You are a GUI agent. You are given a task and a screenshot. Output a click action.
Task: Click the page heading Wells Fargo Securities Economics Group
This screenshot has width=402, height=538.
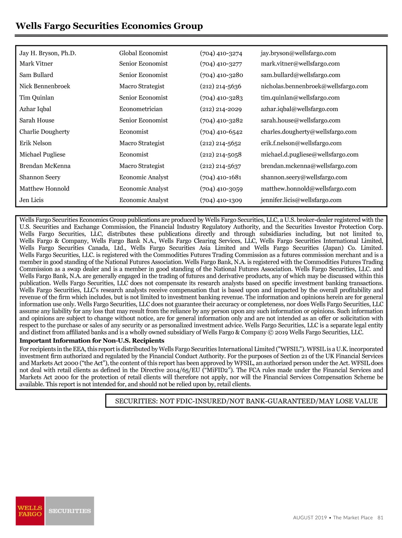click(x=109, y=26)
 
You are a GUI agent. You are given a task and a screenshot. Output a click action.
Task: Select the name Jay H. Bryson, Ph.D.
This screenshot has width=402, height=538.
click(x=48, y=53)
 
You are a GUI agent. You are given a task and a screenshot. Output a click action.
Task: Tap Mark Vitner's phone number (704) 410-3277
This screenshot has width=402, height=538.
click(x=221, y=64)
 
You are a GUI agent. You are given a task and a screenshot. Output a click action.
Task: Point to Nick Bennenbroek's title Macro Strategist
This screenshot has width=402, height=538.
click(x=142, y=86)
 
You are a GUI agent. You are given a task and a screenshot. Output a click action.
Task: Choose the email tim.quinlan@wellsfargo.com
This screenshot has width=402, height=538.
click(x=300, y=98)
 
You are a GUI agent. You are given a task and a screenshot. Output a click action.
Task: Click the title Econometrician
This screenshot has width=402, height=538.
click(x=141, y=109)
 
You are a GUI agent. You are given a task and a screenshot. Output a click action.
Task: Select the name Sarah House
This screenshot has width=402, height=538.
click(x=37, y=121)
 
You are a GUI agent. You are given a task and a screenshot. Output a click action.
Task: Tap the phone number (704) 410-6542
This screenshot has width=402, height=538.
click(x=221, y=132)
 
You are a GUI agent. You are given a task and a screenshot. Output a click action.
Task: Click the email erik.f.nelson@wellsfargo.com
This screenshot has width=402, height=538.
click(x=301, y=143)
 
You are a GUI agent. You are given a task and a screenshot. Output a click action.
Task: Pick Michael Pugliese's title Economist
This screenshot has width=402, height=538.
click(x=134, y=155)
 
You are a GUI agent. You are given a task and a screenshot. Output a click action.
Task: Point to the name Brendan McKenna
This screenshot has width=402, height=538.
click(x=45, y=166)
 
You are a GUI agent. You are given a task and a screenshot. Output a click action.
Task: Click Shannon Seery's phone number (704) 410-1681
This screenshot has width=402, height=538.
click(x=220, y=178)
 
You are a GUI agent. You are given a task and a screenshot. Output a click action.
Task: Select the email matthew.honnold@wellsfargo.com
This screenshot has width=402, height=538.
click(x=309, y=189)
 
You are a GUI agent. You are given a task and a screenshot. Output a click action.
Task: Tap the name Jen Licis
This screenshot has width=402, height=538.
click(x=31, y=200)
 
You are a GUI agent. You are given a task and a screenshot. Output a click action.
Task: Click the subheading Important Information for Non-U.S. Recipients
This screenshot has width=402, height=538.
click(x=92, y=341)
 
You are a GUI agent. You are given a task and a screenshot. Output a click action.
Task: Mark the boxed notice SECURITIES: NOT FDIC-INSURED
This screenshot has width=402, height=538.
click(x=246, y=401)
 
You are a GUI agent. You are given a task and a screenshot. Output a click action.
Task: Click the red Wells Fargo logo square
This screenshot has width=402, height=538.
click(x=30, y=511)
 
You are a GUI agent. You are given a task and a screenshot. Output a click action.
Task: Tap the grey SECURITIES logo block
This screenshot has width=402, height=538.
click(x=70, y=511)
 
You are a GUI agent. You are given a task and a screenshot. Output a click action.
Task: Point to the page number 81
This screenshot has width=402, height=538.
click(x=380, y=518)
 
